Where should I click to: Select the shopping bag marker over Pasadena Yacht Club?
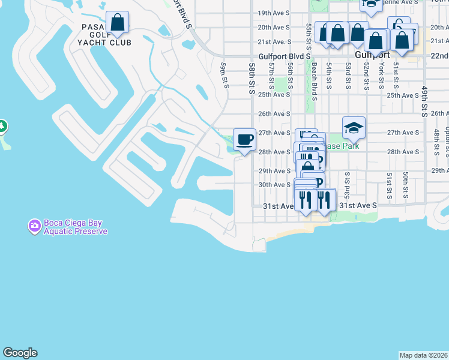[118, 23]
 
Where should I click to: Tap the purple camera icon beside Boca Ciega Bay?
[35, 226]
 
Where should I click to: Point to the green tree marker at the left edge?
[2, 126]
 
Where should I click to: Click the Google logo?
[20, 353]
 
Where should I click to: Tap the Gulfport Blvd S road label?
[285, 56]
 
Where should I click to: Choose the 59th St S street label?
[224, 74]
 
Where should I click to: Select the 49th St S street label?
[424, 101]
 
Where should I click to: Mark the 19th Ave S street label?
[274, 13]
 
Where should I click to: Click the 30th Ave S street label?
[274, 185]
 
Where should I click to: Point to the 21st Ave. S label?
[274, 42]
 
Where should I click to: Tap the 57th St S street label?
[272, 75]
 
